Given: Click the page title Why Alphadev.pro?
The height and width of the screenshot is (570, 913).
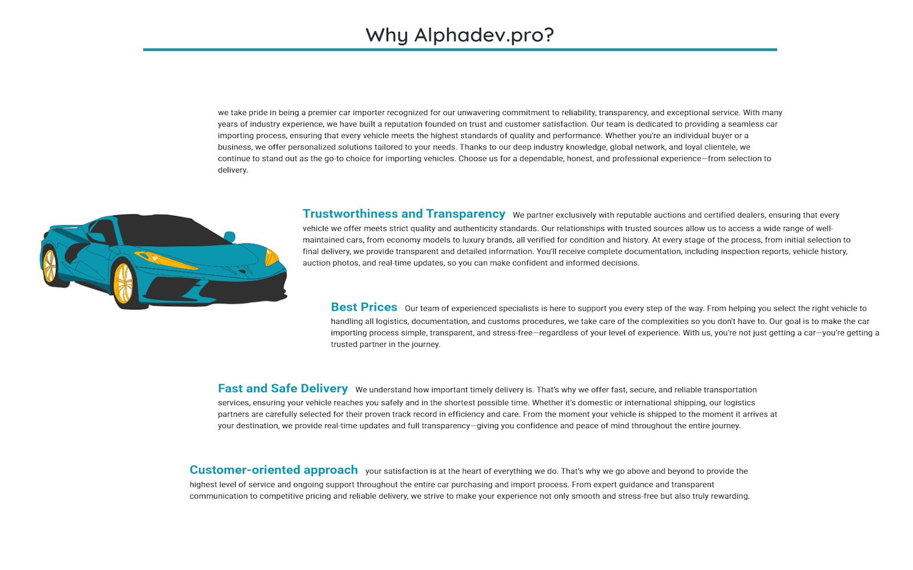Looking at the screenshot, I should pos(459,35).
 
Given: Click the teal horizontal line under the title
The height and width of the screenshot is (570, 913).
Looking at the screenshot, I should pos(459,50).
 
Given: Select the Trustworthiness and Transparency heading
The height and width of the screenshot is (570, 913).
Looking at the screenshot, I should pos(403,214).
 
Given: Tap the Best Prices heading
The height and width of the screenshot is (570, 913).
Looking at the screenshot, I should pos(364,307).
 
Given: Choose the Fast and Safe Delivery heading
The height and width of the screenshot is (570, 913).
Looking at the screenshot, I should pos(282,389).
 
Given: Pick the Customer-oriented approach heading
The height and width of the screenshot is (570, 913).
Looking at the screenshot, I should pos(273,470).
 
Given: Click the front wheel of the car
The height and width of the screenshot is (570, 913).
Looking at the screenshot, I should pos(123,283).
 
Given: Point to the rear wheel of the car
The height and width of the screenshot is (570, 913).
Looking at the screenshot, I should pos(50,266).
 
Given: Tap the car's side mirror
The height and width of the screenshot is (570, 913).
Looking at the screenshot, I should pos(229,236).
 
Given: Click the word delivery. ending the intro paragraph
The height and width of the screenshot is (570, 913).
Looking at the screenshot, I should pos(233,170).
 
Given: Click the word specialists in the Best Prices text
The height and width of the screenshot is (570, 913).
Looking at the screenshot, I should pos(519,308).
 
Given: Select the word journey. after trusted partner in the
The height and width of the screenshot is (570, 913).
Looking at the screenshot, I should pos(426,344).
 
